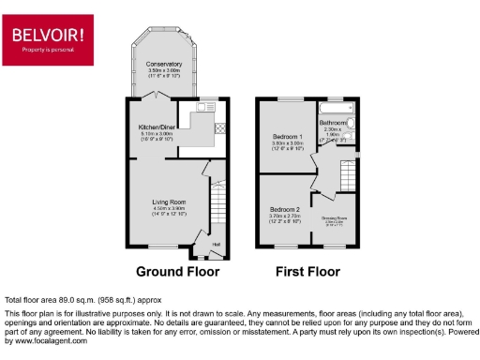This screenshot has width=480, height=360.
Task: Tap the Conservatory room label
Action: (x=164, y=64)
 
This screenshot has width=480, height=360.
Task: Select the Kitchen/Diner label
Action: (x=151, y=127)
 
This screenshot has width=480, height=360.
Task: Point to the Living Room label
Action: (x=171, y=201)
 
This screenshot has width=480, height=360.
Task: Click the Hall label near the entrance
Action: (x=216, y=246)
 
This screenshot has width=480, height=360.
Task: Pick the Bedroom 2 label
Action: (x=285, y=209)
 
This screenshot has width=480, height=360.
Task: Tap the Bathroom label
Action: (x=335, y=122)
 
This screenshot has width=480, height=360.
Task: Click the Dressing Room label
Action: (x=335, y=218)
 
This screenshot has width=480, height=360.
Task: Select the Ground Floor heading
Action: (x=177, y=273)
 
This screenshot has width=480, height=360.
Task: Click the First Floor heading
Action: (x=307, y=273)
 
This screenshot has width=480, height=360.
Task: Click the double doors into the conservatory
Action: (x=162, y=97)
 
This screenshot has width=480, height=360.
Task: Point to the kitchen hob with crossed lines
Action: (x=219, y=129)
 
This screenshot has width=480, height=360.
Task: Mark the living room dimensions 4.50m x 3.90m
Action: (x=171, y=208)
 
